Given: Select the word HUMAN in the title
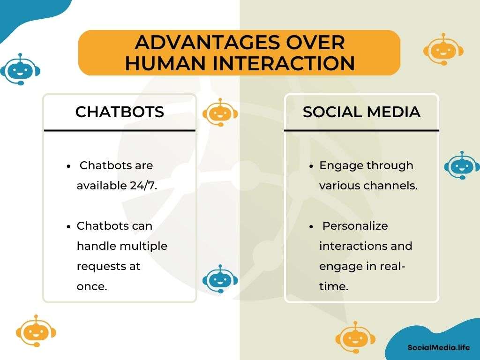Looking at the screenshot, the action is pyautogui.click(x=165, y=63).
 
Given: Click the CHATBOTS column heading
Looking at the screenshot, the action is pyautogui.click(x=120, y=112).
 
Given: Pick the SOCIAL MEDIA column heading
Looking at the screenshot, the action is pyautogui.click(x=361, y=112).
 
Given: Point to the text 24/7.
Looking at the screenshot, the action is pyautogui.click(x=143, y=186).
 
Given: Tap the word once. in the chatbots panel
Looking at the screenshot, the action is pyautogui.click(x=92, y=286).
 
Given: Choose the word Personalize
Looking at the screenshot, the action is pyautogui.click(x=355, y=226).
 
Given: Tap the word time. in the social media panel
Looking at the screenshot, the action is pyautogui.click(x=334, y=286).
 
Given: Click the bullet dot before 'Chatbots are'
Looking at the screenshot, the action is pyautogui.click(x=68, y=166).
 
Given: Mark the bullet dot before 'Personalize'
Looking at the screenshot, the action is pyautogui.click(x=311, y=227).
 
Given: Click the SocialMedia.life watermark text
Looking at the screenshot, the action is pyautogui.click(x=438, y=347).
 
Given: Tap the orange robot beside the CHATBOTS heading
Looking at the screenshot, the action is pyautogui.click(x=220, y=112).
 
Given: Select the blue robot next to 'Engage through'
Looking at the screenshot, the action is pyautogui.click(x=462, y=165).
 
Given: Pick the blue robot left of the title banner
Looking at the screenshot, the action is pyautogui.click(x=20, y=69).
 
